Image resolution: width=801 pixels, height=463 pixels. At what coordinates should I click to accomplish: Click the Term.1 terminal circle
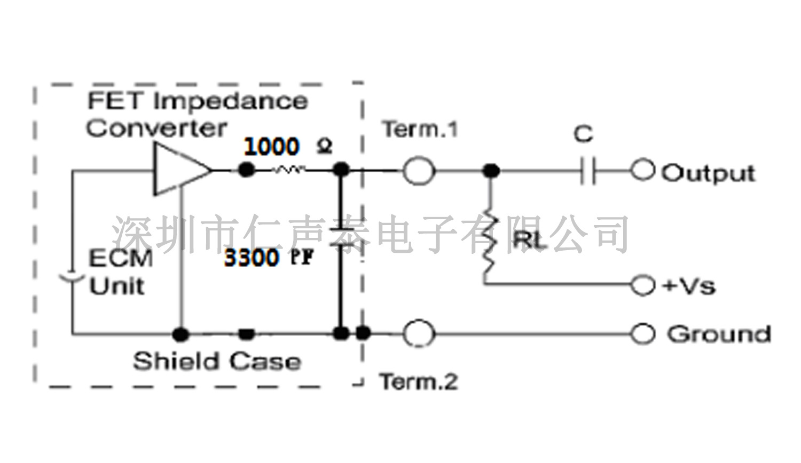pyautogui.click(x=418, y=171)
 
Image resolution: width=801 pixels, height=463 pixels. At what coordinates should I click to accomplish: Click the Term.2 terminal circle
pyautogui.click(x=418, y=334)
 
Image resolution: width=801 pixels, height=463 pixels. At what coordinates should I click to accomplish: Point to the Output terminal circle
pyautogui.click(x=642, y=171)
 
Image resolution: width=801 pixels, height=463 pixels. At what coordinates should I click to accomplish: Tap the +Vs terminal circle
pyautogui.click(x=642, y=285)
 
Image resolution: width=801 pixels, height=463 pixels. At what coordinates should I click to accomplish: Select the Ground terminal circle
pyautogui.click(x=642, y=334)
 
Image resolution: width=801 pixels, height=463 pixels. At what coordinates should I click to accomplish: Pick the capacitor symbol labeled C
pyautogui.click(x=588, y=171)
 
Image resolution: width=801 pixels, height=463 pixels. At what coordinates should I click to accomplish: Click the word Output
pyautogui.click(x=709, y=173)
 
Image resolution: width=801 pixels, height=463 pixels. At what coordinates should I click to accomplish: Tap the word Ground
pyautogui.click(x=719, y=334)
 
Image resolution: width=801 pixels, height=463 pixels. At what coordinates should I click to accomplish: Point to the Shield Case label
pyautogui.click(x=217, y=362)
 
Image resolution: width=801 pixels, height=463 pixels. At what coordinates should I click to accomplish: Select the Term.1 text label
pyautogui.click(x=420, y=130)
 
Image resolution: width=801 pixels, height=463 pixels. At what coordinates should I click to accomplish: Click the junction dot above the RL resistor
pyautogui.click(x=491, y=171)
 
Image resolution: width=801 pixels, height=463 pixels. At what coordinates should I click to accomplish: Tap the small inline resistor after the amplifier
pyautogui.click(x=289, y=170)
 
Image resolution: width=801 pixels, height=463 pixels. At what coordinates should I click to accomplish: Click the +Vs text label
pyautogui.click(x=689, y=286)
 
